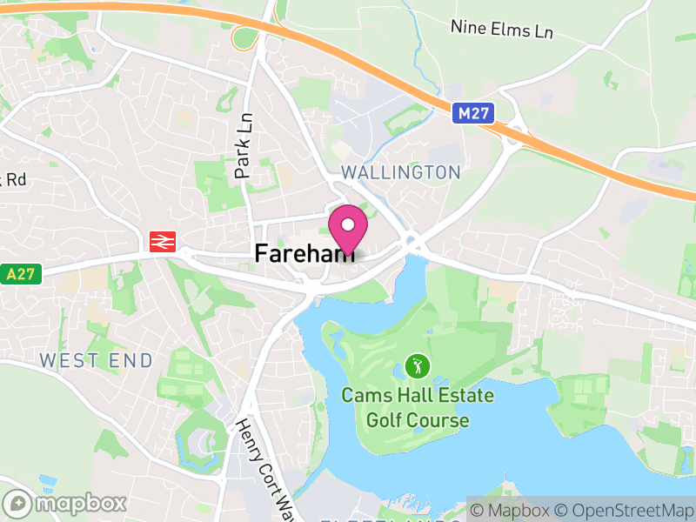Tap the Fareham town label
(304, 252)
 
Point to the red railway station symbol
(161, 242)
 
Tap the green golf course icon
(418, 366)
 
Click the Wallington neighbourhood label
(400, 172)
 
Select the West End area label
(96, 360)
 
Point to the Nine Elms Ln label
(502, 30)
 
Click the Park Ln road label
(244, 146)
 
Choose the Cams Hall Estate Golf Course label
(418, 408)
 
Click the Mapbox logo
(66, 503)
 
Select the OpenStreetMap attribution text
(625, 509)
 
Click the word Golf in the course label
(384, 421)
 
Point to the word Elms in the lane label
(505, 30)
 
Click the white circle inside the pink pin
(348, 224)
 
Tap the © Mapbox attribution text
(512, 509)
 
